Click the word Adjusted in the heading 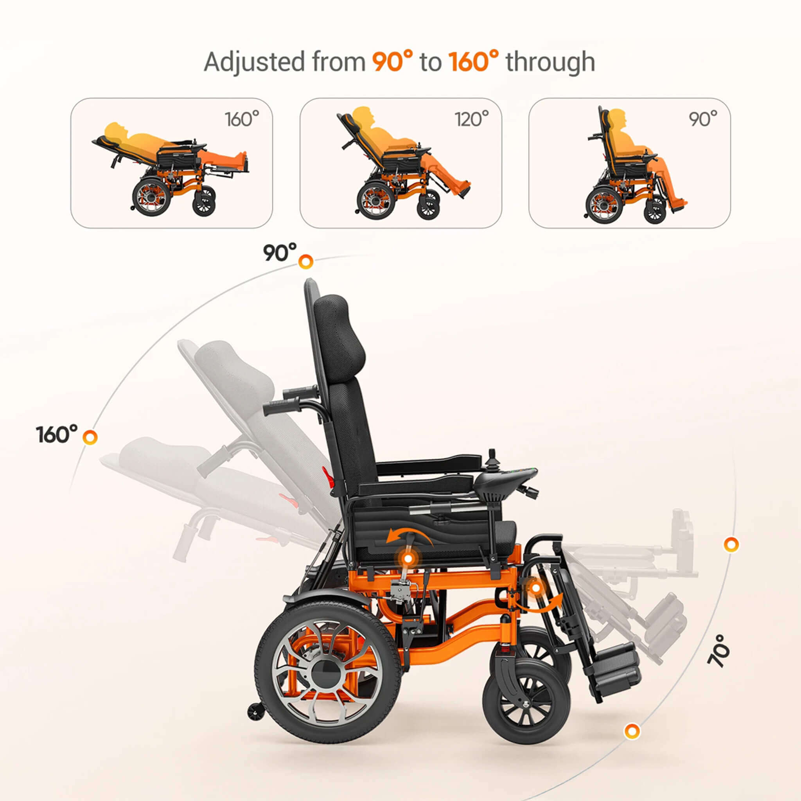click(254, 62)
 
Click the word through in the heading click(550, 62)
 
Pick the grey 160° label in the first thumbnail click(242, 119)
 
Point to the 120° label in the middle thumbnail click(471, 119)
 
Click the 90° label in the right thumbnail click(703, 119)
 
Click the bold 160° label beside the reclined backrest click(57, 435)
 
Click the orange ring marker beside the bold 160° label click(90, 437)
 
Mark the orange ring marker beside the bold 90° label click(305, 261)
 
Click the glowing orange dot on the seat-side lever click(408, 559)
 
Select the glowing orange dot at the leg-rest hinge click(536, 588)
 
